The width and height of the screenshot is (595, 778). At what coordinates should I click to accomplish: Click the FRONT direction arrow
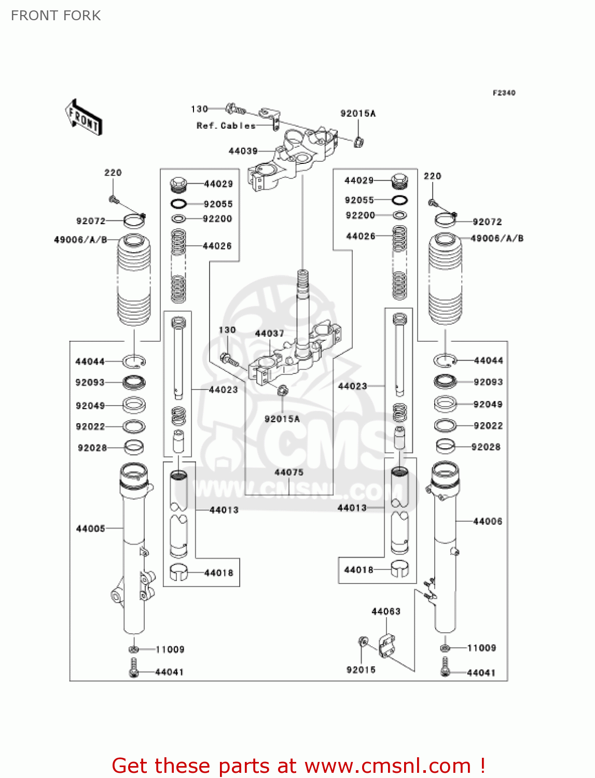coord(83,118)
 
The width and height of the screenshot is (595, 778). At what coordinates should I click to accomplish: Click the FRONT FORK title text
coord(56,16)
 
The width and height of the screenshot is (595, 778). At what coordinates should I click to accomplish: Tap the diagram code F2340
coord(504,93)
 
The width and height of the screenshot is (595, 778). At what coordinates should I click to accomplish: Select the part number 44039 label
coord(243,151)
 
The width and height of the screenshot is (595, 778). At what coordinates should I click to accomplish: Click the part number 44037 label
coord(269,334)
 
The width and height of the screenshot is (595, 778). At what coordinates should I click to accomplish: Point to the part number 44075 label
coord(288,473)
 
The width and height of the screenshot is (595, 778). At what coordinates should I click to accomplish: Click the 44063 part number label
coord(386,612)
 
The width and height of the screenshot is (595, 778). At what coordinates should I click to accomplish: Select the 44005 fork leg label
coord(90,529)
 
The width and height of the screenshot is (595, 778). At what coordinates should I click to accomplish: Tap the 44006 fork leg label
coord(488,521)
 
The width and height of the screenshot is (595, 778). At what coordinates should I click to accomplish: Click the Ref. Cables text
coord(226,126)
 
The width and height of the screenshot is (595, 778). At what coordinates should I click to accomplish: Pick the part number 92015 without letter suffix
coord(361,670)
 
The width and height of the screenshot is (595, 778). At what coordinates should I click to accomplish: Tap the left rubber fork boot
coord(134,280)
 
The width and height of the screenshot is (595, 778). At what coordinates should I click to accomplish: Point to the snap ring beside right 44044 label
coord(444,360)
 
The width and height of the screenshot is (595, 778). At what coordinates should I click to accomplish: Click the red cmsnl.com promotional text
coord(298,766)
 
